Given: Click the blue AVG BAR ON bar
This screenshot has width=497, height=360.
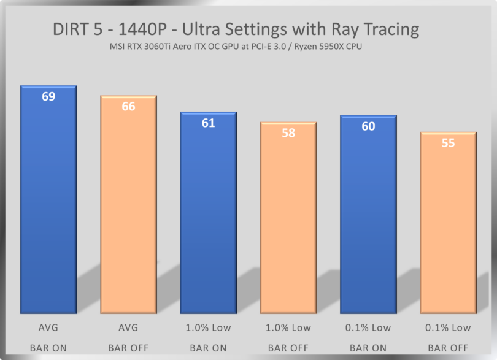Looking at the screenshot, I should click(x=48, y=202).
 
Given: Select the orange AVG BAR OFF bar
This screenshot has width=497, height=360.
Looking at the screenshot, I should click(x=128, y=209).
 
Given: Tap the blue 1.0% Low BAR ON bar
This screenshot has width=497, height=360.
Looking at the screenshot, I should click(x=208, y=215).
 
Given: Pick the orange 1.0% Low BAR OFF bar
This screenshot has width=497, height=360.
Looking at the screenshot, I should click(x=288, y=221).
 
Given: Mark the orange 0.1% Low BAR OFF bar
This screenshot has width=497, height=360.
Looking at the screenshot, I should click(x=448, y=224).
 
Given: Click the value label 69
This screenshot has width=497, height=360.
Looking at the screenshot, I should click(x=48, y=96).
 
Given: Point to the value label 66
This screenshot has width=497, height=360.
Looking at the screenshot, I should click(x=128, y=107).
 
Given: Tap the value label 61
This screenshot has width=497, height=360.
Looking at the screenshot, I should click(x=208, y=123).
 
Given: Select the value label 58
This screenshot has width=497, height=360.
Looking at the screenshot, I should click(x=288, y=132).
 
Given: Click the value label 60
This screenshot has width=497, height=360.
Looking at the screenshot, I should click(x=368, y=126).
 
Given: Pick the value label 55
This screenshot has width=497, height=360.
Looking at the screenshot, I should click(x=448, y=143).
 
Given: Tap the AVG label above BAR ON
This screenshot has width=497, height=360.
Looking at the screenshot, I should click(x=48, y=327).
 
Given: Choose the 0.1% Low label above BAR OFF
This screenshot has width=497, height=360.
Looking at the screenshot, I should click(x=448, y=327).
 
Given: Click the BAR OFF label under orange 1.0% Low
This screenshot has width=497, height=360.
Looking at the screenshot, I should click(x=288, y=348).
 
